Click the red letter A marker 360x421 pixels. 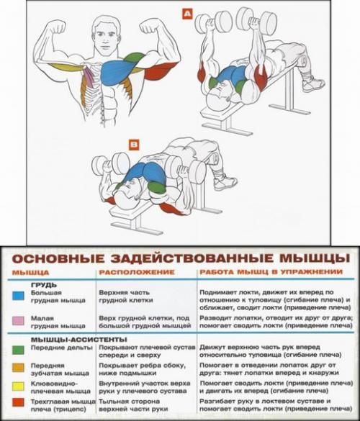(186, 14)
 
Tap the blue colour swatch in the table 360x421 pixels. (17, 294)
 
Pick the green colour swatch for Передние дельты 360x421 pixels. (17, 349)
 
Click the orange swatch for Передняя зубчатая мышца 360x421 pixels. (17, 367)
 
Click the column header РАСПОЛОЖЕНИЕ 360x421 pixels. (137, 273)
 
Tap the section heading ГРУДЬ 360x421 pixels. (43, 284)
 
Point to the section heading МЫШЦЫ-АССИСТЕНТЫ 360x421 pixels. (68, 338)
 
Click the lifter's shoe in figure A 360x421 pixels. (313, 85)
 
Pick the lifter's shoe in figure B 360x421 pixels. (225, 181)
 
